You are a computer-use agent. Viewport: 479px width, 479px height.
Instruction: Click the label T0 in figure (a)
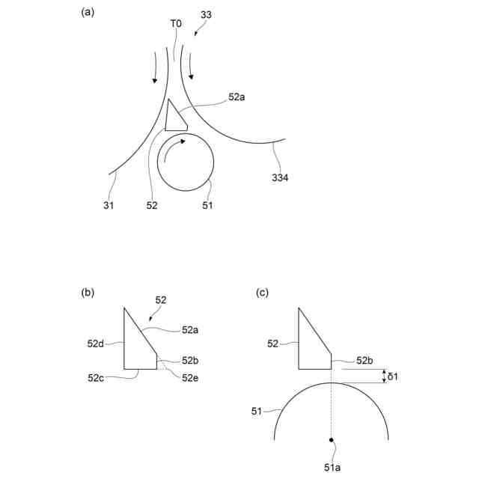176,24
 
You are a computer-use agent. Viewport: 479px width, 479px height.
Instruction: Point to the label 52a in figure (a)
237,97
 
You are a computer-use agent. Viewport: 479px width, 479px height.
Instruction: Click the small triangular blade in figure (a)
174,117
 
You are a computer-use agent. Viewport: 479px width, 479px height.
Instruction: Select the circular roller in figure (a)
186,161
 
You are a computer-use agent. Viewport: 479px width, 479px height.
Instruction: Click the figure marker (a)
88,12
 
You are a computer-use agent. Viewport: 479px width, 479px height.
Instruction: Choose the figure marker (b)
88,293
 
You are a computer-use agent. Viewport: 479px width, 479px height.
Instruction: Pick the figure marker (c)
262,293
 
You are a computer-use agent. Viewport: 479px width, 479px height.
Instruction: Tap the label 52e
191,377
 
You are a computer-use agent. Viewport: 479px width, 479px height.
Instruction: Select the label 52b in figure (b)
191,361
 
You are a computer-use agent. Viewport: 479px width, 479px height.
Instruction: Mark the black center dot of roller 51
330,439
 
